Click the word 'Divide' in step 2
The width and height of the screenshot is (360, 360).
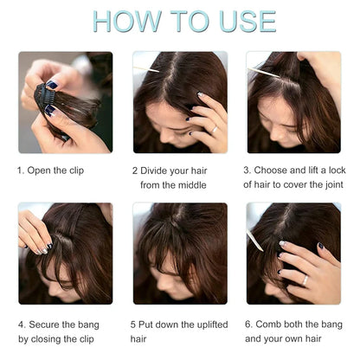pyautogui.click(x=157, y=170)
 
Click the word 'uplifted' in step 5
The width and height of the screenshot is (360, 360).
pyautogui.click(x=209, y=325)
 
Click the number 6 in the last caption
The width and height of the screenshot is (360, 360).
pyautogui.click(x=247, y=325)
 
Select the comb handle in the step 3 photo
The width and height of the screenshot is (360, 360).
pyautogui.click(x=263, y=74)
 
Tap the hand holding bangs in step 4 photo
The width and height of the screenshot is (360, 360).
pyautogui.click(x=35, y=234)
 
